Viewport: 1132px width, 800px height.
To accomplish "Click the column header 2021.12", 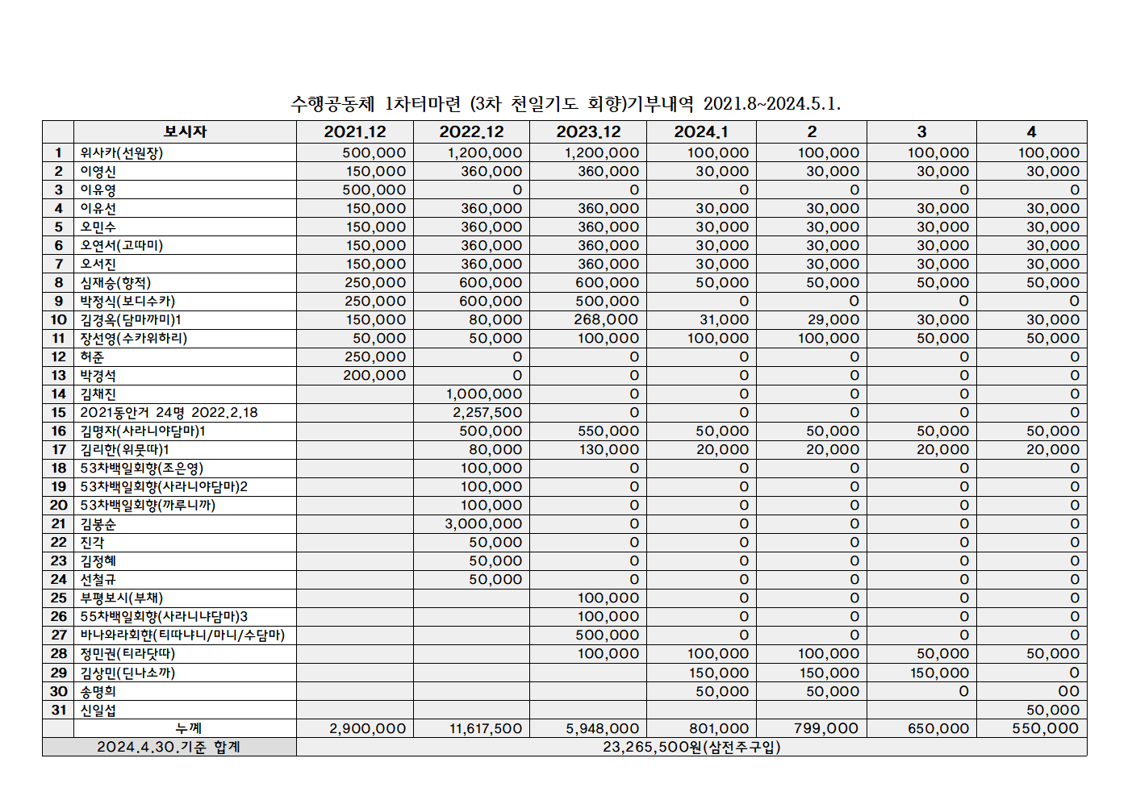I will tap(355, 131).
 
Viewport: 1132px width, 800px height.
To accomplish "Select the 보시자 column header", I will tap(185, 131).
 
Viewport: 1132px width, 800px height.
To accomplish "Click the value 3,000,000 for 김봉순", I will tap(483, 523).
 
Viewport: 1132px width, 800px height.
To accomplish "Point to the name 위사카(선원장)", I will tap(121, 152).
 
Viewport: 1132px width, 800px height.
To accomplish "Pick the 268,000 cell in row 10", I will tap(606, 319).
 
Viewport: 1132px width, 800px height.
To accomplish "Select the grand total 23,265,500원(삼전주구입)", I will tap(691, 747).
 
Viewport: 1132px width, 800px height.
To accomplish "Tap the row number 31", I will tap(58, 710).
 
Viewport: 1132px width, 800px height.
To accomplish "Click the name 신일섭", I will tap(98, 710).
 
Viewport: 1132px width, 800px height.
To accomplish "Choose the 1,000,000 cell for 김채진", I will tap(483, 394).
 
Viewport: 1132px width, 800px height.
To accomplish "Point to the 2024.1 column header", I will tap(700, 131).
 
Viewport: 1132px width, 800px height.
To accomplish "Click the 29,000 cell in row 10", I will tap(833, 319).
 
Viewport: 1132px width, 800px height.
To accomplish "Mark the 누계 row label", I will tap(188, 728).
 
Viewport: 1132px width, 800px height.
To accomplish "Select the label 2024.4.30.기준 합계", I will tap(169, 747).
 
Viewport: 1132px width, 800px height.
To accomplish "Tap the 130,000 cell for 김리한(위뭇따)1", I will tap(608, 449).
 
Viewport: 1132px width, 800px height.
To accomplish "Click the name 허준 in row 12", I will tap(92, 356).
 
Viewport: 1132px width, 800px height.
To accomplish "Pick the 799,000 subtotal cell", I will tap(826, 728).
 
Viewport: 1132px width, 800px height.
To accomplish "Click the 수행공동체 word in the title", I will tap(332, 103).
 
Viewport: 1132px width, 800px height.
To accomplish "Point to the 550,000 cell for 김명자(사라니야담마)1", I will tap(608, 431).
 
